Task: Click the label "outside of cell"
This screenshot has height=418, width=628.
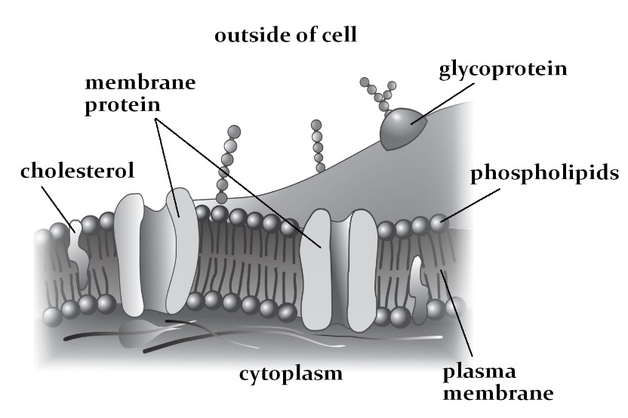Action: tap(286, 35)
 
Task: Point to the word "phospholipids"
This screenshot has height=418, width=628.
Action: tap(545, 174)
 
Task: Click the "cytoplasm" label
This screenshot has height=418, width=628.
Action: tap(291, 373)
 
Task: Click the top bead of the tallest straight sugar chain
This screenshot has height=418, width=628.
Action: tap(233, 132)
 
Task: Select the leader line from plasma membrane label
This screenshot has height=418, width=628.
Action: tap(460, 317)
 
